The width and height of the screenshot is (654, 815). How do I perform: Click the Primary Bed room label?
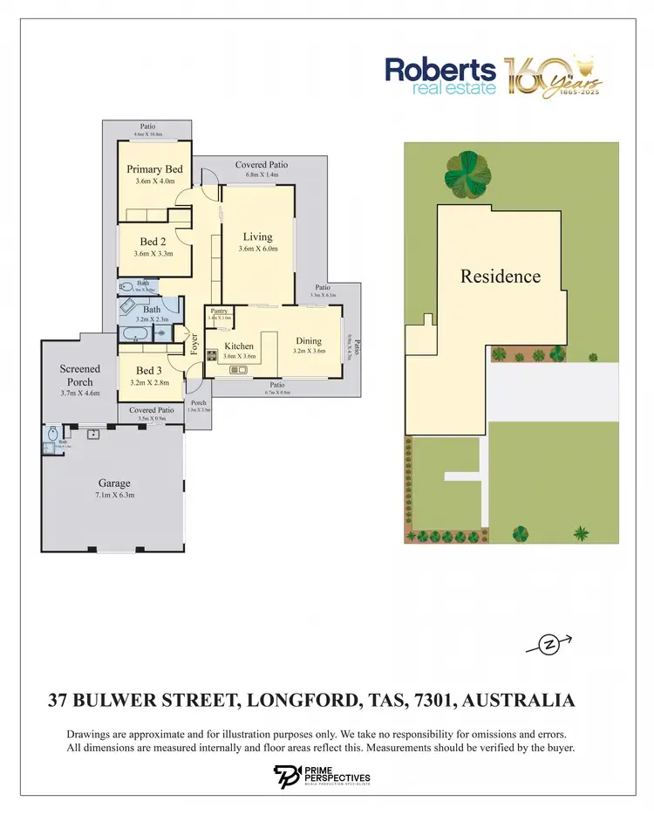click(x=154, y=169)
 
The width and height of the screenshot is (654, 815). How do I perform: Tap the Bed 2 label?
click(x=153, y=242)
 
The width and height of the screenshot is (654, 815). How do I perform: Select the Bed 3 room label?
click(x=149, y=371)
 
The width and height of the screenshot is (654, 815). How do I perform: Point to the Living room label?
click(x=257, y=236)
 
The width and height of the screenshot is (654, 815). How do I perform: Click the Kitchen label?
click(x=239, y=346)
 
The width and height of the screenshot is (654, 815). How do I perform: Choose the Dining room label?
click(x=309, y=341)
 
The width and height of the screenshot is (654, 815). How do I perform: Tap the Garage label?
click(x=114, y=483)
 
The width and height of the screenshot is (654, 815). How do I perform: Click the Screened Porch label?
click(x=80, y=375)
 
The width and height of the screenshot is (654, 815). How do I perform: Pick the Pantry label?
click(x=219, y=311)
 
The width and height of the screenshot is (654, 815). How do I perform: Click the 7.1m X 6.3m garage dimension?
click(x=114, y=495)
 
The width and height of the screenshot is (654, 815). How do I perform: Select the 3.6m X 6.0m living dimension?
click(x=257, y=249)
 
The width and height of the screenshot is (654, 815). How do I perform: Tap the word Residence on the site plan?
click(x=501, y=277)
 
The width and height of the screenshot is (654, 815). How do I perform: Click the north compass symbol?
click(x=549, y=646)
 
